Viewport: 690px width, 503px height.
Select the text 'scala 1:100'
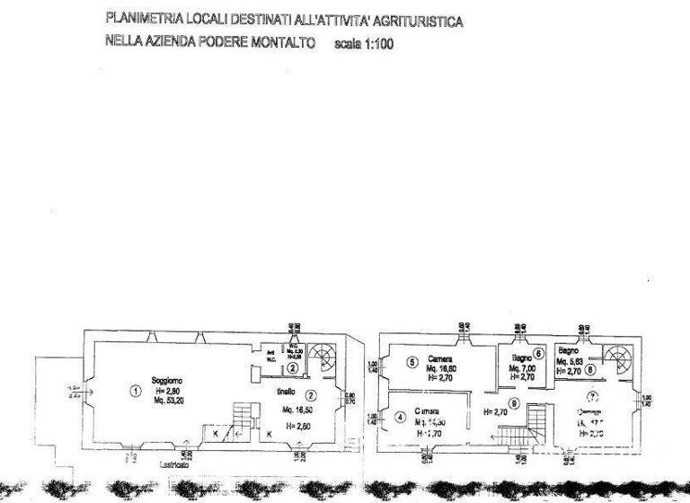(x=363, y=43)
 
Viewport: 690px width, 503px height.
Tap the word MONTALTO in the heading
(x=281, y=42)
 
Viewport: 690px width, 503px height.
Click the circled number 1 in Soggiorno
(x=135, y=391)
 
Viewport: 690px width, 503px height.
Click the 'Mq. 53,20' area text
(x=171, y=401)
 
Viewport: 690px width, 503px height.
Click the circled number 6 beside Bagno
(x=538, y=353)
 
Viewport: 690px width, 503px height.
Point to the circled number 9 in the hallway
(x=513, y=404)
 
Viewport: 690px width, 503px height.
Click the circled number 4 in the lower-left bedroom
(x=399, y=417)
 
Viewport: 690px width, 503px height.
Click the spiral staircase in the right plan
(x=619, y=361)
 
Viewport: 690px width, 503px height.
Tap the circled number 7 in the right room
(x=592, y=396)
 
